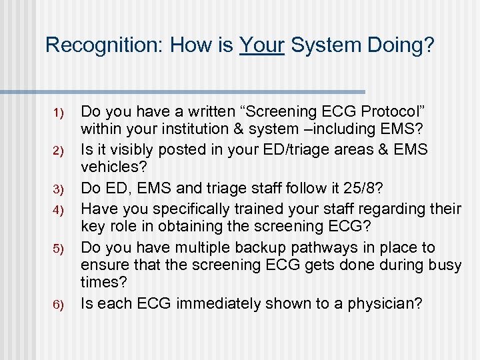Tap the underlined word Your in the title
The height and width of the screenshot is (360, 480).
pos(261,45)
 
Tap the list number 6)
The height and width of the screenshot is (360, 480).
pos(57,305)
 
